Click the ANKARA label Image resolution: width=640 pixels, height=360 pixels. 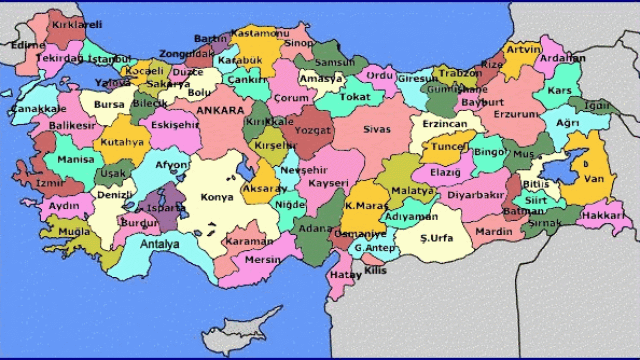(220, 110)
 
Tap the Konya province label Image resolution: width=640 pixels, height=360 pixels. (217, 197)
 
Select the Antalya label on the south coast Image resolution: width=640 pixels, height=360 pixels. (159, 244)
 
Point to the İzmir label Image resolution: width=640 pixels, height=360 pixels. (50, 183)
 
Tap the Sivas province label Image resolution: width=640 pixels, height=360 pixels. (376, 129)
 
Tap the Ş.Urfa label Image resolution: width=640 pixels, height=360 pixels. (436, 238)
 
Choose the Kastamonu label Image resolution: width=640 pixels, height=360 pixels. (259, 33)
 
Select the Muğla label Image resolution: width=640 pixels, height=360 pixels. (74, 232)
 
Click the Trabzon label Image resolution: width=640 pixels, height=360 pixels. (460, 73)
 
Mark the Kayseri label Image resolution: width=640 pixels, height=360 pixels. (328, 183)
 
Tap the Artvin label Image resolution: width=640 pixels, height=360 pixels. (523, 49)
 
